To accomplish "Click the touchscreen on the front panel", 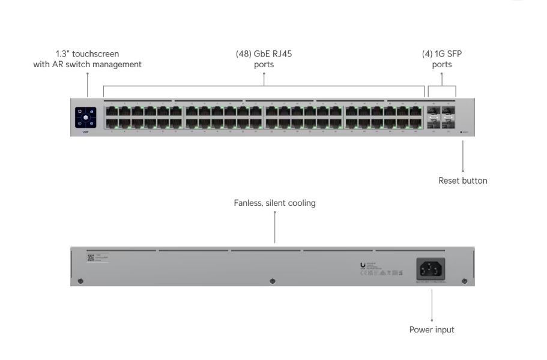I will point(86,117).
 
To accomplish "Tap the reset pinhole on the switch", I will point(461,132).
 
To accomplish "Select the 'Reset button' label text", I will point(462,181).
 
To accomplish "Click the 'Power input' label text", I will point(432,329).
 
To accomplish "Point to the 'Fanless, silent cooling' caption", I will point(274,203).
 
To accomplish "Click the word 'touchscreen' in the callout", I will point(97,54).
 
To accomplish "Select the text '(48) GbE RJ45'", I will point(264,54).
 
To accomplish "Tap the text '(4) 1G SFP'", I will point(442,54).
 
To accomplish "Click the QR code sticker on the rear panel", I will point(90,257).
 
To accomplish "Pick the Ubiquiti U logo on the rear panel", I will point(363,265).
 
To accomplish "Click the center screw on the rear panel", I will point(273,281).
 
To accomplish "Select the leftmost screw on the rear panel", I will point(81,281).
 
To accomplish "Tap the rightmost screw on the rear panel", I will point(464,281).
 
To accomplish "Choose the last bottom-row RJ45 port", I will point(416,123).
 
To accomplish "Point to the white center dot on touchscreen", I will point(86,117).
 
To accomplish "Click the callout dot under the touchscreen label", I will point(88,74).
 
